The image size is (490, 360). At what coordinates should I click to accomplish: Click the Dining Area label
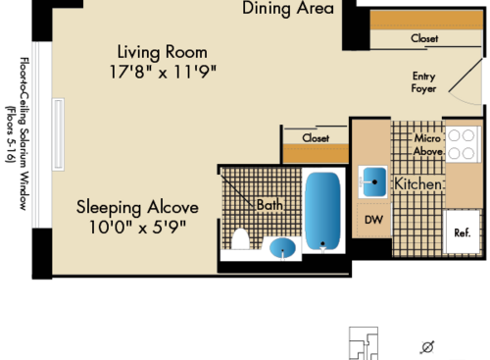(x=288, y=9)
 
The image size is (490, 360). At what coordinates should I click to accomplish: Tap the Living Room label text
(x=163, y=51)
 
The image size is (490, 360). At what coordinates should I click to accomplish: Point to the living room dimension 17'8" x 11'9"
(x=163, y=71)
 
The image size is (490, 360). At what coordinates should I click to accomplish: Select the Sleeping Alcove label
(x=138, y=208)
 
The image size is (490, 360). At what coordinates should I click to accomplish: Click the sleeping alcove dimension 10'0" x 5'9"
(x=138, y=228)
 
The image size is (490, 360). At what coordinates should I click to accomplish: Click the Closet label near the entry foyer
(x=424, y=38)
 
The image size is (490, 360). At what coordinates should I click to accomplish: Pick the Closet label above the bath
(x=316, y=138)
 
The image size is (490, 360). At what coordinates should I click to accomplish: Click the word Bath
(x=269, y=205)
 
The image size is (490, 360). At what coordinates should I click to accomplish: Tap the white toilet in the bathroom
(x=239, y=238)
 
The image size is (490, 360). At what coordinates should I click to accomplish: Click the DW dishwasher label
(x=373, y=220)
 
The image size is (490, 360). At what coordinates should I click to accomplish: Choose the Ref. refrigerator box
(x=462, y=232)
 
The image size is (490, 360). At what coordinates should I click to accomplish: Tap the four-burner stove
(x=461, y=146)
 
